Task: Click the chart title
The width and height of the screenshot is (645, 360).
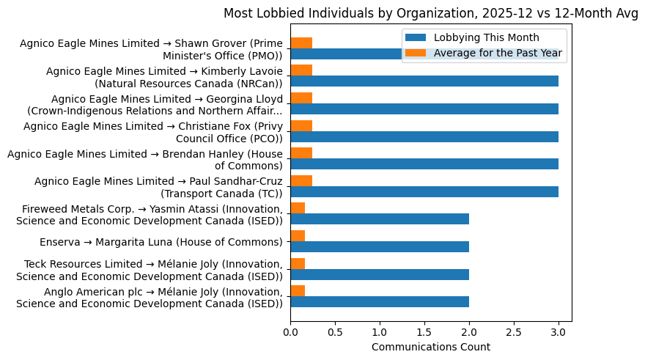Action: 430,12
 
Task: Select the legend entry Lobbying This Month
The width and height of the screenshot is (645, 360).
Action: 486,38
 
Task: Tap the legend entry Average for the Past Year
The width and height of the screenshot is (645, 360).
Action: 498,52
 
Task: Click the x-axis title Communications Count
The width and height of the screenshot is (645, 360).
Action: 430,347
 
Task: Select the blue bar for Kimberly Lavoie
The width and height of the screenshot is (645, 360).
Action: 424,81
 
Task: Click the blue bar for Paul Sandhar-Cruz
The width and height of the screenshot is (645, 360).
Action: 424,191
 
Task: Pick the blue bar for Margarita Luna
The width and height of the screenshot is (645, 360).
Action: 380,246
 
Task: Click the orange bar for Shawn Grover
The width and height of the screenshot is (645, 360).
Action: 301,43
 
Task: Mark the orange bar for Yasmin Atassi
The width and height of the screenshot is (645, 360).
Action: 298,207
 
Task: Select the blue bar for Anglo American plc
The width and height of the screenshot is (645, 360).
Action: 380,301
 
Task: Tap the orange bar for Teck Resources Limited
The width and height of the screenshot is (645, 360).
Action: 298,262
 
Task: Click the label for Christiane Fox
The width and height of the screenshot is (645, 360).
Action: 153,132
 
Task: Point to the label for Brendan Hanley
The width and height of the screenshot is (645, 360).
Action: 144,159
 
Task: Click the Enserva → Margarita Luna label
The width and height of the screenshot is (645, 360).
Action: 161,242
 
